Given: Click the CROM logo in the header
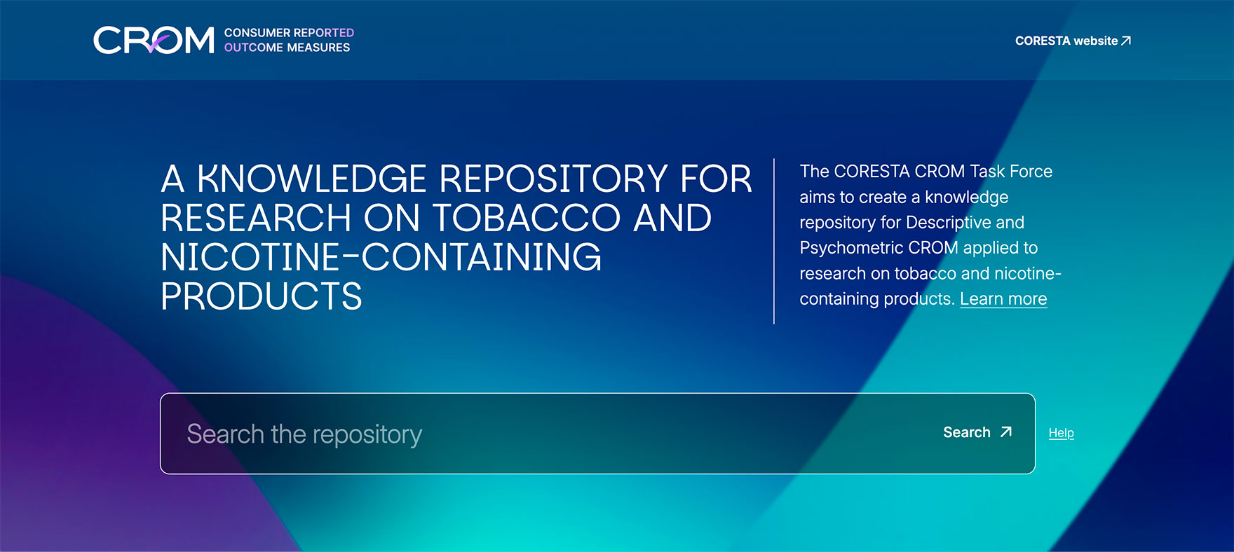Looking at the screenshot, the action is click(154, 40).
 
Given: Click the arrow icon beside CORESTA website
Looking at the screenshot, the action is click(1126, 41).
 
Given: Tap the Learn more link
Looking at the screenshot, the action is click(1003, 299).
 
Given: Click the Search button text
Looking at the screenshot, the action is click(967, 432).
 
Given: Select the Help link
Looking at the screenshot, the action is click(1061, 433).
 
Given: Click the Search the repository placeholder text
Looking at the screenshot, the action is click(304, 434).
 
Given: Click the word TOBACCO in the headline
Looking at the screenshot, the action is click(527, 218).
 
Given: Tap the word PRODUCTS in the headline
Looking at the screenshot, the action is click(262, 296).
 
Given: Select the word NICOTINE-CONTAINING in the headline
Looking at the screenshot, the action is click(381, 257).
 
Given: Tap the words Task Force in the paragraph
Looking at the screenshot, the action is click(1011, 172).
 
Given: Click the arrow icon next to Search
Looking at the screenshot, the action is click(1006, 432).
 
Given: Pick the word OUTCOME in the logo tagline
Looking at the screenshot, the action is click(254, 48).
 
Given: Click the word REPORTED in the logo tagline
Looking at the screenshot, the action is click(324, 33).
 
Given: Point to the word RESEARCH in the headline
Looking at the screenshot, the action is click(256, 218).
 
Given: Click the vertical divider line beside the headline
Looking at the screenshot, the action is click(774, 242).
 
